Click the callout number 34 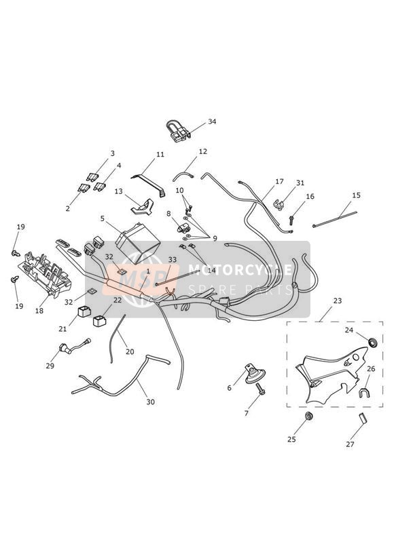[212, 121]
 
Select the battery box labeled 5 [137, 243]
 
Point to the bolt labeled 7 [261, 389]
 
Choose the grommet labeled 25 [308, 416]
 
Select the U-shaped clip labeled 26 [364, 393]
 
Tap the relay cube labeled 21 [84, 311]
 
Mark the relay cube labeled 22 [100, 320]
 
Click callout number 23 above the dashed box [338, 301]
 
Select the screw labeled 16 [291, 219]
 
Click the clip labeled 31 [279, 205]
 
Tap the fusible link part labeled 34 [178, 132]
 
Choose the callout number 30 [151, 402]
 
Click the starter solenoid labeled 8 [183, 227]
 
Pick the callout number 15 [357, 195]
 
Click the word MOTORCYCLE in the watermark [240, 269]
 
